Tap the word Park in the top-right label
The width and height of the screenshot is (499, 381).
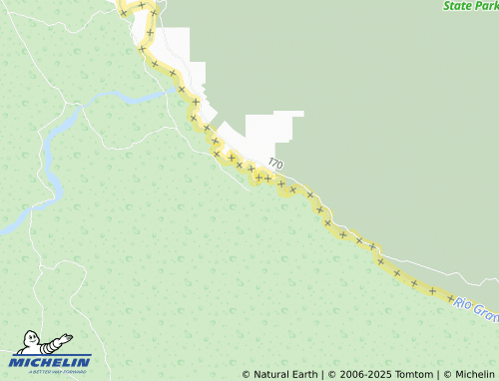(488, 6)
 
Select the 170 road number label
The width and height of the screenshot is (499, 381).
(275, 164)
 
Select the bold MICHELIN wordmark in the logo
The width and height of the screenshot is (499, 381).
(51, 361)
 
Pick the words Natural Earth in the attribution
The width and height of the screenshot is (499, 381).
(285, 374)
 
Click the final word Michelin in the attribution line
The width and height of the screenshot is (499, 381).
(474, 374)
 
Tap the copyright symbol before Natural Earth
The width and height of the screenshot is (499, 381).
(247, 374)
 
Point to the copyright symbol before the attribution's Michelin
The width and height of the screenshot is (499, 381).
(447, 374)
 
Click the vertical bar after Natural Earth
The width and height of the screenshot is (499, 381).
(321, 374)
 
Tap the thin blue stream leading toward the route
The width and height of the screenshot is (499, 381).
(130, 98)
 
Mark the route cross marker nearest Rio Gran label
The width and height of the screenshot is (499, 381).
(451, 298)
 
